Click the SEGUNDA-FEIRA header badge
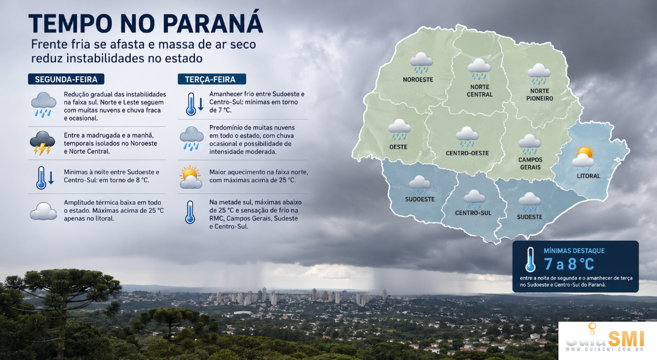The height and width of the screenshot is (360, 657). click(x=66, y=79)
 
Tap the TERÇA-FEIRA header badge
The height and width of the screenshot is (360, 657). click(x=212, y=79)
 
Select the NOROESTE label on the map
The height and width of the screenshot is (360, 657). click(x=418, y=79)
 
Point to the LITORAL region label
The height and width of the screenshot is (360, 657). click(x=589, y=176)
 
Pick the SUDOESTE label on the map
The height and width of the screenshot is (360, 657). click(x=420, y=199)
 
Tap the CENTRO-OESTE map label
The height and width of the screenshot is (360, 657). click(x=467, y=153)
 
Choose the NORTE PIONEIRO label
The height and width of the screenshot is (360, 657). click(x=540, y=95)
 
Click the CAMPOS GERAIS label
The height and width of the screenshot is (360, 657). click(x=531, y=164)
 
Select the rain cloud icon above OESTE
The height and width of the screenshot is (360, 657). click(x=400, y=129)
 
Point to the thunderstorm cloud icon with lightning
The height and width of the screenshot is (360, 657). click(x=42, y=143)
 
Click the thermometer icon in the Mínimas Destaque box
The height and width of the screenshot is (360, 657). click(x=531, y=259)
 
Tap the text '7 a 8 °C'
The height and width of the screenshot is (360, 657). click(x=569, y=264)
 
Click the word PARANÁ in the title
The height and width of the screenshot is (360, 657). click(x=213, y=23)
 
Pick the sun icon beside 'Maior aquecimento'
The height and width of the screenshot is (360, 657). click(x=191, y=177)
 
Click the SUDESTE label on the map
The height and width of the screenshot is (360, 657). click(x=530, y=217)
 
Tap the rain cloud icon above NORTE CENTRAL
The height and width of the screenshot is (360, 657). click(x=479, y=68)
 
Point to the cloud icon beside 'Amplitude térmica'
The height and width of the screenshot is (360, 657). click(x=43, y=211)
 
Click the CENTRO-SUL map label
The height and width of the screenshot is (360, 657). click(x=473, y=213)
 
